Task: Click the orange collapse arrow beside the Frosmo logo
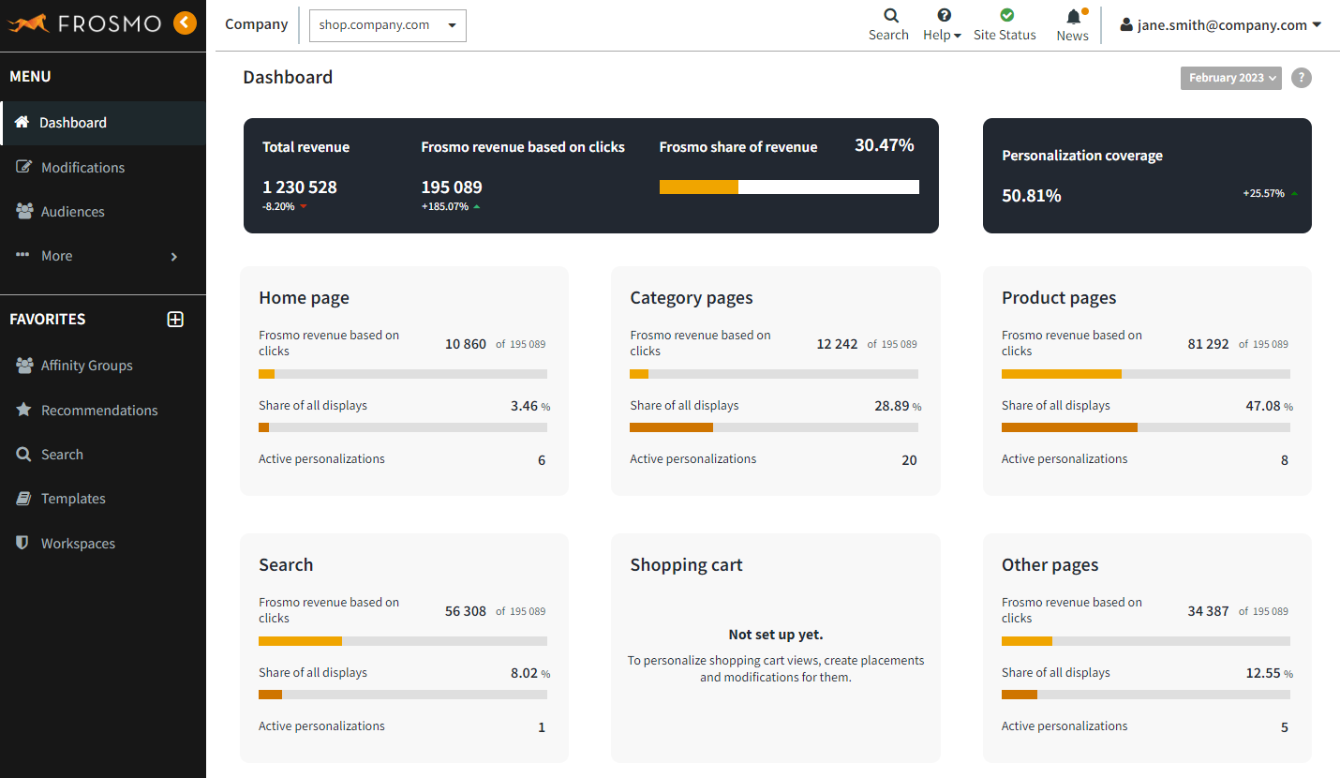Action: coord(185,22)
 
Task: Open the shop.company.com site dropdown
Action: coord(387,25)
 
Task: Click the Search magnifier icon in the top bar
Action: coord(890,15)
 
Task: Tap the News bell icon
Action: coord(1073,17)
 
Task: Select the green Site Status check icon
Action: coord(1006,15)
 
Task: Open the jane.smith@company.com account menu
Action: coord(1222,25)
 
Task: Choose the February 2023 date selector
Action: coord(1230,78)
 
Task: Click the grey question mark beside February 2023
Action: coord(1301,78)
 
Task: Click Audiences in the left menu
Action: coord(72,212)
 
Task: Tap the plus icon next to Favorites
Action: coord(175,320)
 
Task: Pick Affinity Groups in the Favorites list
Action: coord(86,366)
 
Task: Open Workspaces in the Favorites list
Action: coord(78,544)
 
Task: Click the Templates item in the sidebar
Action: coord(73,499)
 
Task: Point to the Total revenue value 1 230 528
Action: coord(299,187)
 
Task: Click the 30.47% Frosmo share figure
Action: coord(884,145)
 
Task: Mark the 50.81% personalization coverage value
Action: coord(1031,196)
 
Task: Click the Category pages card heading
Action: coord(691,298)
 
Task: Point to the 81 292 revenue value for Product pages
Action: coord(1208,344)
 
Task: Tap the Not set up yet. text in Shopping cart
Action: coord(775,635)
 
